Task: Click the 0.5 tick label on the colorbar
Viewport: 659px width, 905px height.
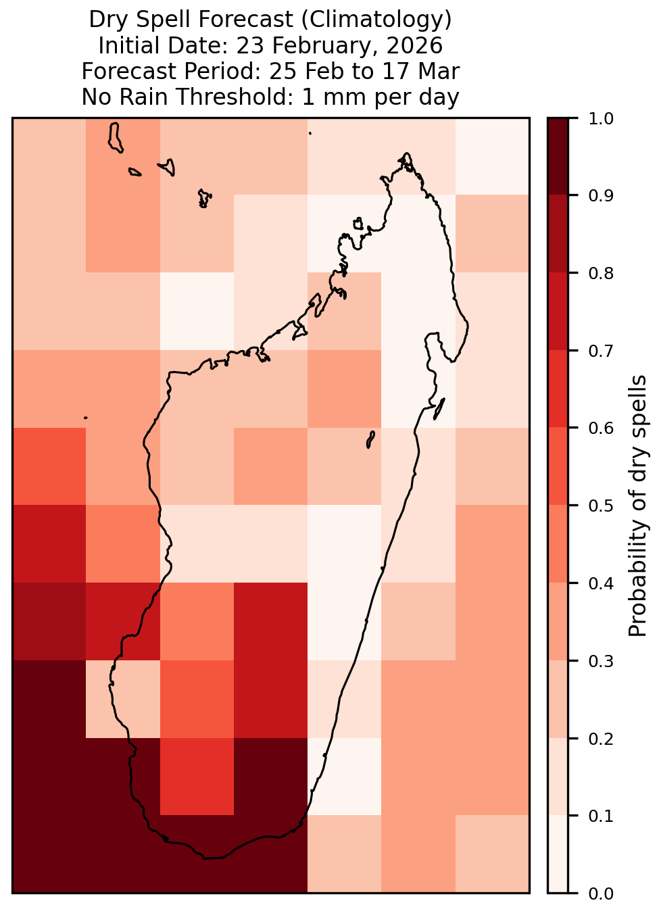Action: click(600, 506)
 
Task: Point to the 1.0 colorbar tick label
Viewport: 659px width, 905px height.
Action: click(600, 119)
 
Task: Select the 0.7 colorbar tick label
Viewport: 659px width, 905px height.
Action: click(600, 351)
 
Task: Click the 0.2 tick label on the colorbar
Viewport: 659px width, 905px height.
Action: click(600, 739)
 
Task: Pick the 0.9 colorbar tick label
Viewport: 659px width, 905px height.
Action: click(600, 196)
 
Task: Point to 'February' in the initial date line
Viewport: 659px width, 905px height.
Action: click(303, 46)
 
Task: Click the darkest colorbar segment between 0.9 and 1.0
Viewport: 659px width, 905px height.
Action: click(558, 156)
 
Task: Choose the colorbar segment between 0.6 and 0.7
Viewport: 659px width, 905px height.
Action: click(558, 389)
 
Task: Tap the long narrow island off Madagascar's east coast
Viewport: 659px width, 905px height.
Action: click(439, 408)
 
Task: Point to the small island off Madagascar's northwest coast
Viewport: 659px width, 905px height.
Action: click(358, 224)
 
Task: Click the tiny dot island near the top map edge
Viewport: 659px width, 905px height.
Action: click(310, 133)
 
